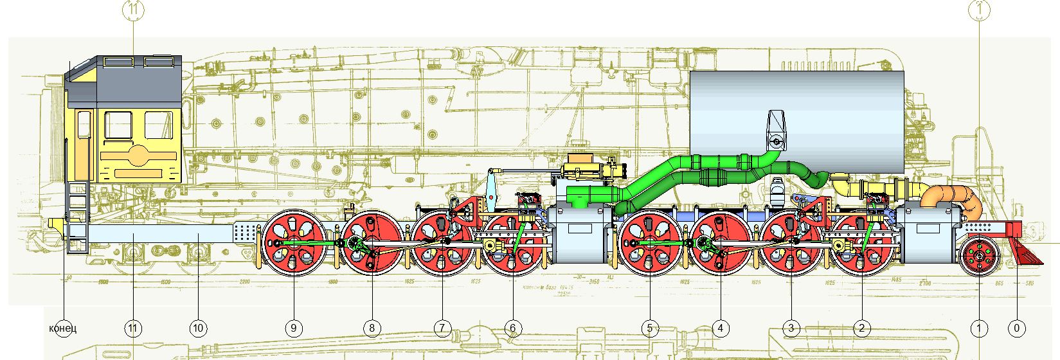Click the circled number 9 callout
(x=293, y=328)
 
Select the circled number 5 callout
(x=650, y=328)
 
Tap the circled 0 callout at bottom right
(x=1016, y=328)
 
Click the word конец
(x=63, y=328)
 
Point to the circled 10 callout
(x=198, y=328)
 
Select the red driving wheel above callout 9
(x=293, y=243)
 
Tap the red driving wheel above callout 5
(x=650, y=243)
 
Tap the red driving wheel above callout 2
(x=861, y=243)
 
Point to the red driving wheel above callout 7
(x=442, y=243)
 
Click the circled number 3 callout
(x=791, y=328)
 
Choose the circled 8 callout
(x=372, y=328)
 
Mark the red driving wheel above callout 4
(x=721, y=243)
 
